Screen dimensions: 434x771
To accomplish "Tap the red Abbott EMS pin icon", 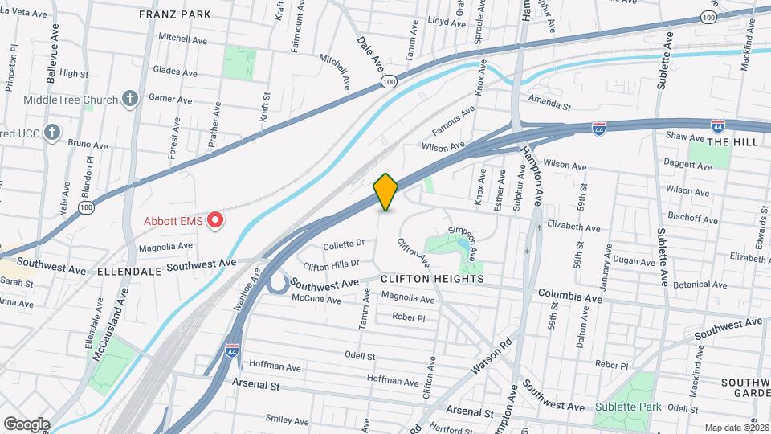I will point(214,220).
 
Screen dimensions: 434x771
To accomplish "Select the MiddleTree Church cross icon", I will point(131,99).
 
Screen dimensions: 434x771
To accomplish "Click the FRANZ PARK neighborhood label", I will point(174,14).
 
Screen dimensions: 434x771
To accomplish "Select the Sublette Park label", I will point(628,407).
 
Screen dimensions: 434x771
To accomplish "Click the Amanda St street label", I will point(549,105).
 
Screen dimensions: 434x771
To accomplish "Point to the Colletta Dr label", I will point(344,243).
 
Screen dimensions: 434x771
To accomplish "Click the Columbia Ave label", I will point(570,297).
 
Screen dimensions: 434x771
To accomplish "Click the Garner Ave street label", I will point(170,100).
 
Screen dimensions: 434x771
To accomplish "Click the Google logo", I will point(27,424).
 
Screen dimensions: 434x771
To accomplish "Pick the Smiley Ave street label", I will point(287,420).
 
